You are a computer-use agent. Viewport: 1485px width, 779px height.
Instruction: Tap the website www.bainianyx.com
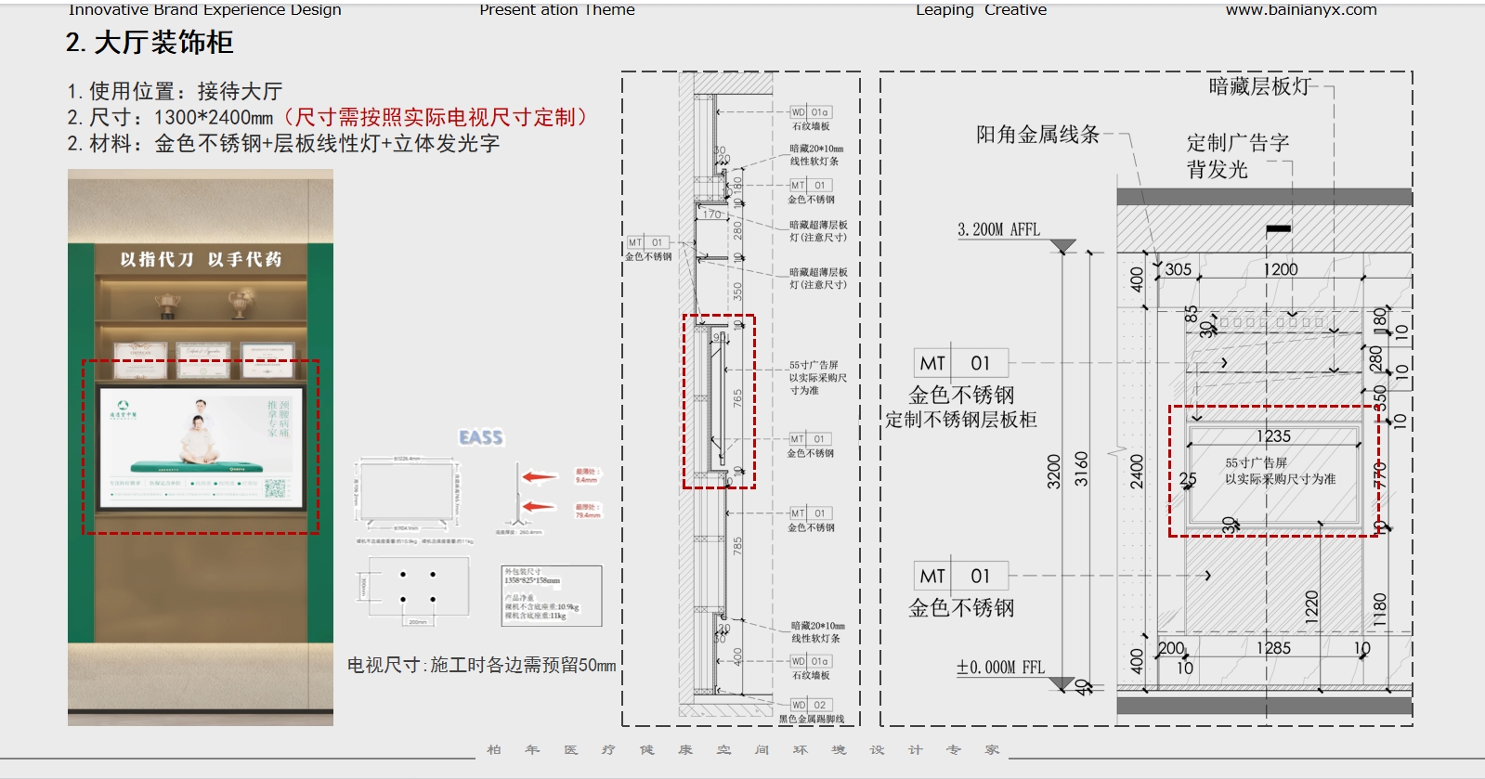pyautogui.click(x=1300, y=10)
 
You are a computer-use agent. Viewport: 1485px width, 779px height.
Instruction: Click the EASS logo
pyautogui.click(x=480, y=437)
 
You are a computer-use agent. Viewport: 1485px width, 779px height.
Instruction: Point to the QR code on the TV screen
pyautogui.click(x=276, y=488)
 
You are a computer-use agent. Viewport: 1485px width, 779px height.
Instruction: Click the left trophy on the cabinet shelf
pyautogui.click(x=168, y=304)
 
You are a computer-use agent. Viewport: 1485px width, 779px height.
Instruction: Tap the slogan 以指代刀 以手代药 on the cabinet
pyautogui.click(x=201, y=259)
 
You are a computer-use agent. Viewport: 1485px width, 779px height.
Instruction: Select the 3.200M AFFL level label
pyautogui.click(x=998, y=229)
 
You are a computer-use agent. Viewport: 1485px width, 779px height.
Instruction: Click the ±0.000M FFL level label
pyautogui.click(x=1000, y=668)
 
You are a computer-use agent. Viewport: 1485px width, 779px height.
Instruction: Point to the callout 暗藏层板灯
pyautogui.click(x=1259, y=87)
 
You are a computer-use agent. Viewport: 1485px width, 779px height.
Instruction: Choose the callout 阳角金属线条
pyautogui.click(x=1036, y=135)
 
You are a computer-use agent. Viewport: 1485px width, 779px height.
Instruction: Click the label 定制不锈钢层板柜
pyautogui.click(x=960, y=420)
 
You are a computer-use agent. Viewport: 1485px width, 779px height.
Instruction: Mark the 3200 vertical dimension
pyautogui.click(x=1053, y=471)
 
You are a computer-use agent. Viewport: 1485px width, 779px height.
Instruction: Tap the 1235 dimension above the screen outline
pyautogui.click(x=1273, y=436)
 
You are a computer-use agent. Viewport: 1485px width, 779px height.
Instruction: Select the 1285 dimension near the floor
pyautogui.click(x=1273, y=648)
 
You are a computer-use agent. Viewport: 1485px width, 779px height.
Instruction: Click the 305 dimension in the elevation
pyautogui.click(x=1178, y=269)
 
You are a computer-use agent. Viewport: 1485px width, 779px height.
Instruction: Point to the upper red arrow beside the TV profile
pyautogui.click(x=540, y=477)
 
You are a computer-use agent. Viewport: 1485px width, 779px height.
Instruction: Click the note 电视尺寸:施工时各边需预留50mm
pyautogui.click(x=481, y=665)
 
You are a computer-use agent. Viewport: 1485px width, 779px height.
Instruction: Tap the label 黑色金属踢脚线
pyautogui.click(x=811, y=719)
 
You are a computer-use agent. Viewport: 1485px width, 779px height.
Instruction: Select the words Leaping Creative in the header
pyautogui.click(x=981, y=10)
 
